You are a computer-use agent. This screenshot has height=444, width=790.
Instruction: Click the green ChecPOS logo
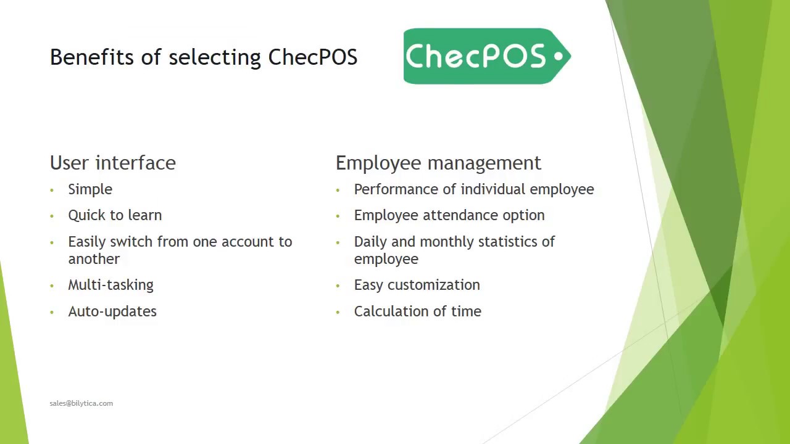(x=486, y=56)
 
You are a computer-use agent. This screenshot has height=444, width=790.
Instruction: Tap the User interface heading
(x=113, y=163)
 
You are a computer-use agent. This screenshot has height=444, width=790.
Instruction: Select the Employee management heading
(x=438, y=163)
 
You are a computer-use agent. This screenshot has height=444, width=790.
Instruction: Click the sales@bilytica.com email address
(x=81, y=403)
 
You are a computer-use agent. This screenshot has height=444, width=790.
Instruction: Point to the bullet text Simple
(x=90, y=189)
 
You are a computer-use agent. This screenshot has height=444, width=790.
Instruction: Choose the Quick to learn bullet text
(x=115, y=215)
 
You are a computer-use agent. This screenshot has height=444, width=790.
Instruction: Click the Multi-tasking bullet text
(x=110, y=285)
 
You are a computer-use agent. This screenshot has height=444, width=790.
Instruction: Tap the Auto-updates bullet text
(x=112, y=311)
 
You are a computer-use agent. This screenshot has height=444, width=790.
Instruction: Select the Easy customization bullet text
(x=417, y=285)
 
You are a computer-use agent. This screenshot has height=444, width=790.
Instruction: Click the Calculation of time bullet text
(x=417, y=311)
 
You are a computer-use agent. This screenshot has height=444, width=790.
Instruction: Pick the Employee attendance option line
(x=449, y=215)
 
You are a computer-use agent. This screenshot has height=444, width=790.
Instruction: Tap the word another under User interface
(x=94, y=259)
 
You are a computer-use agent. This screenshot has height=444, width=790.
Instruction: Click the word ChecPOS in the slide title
(x=313, y=57)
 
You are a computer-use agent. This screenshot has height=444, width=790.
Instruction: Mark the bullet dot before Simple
(x=52, y=190)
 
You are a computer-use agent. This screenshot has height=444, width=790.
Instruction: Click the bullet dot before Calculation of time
(x=338, y=312)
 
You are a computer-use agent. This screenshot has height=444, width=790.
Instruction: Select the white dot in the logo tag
(x=559, y=56)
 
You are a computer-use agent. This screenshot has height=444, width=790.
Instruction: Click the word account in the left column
(x=247, y=242)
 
